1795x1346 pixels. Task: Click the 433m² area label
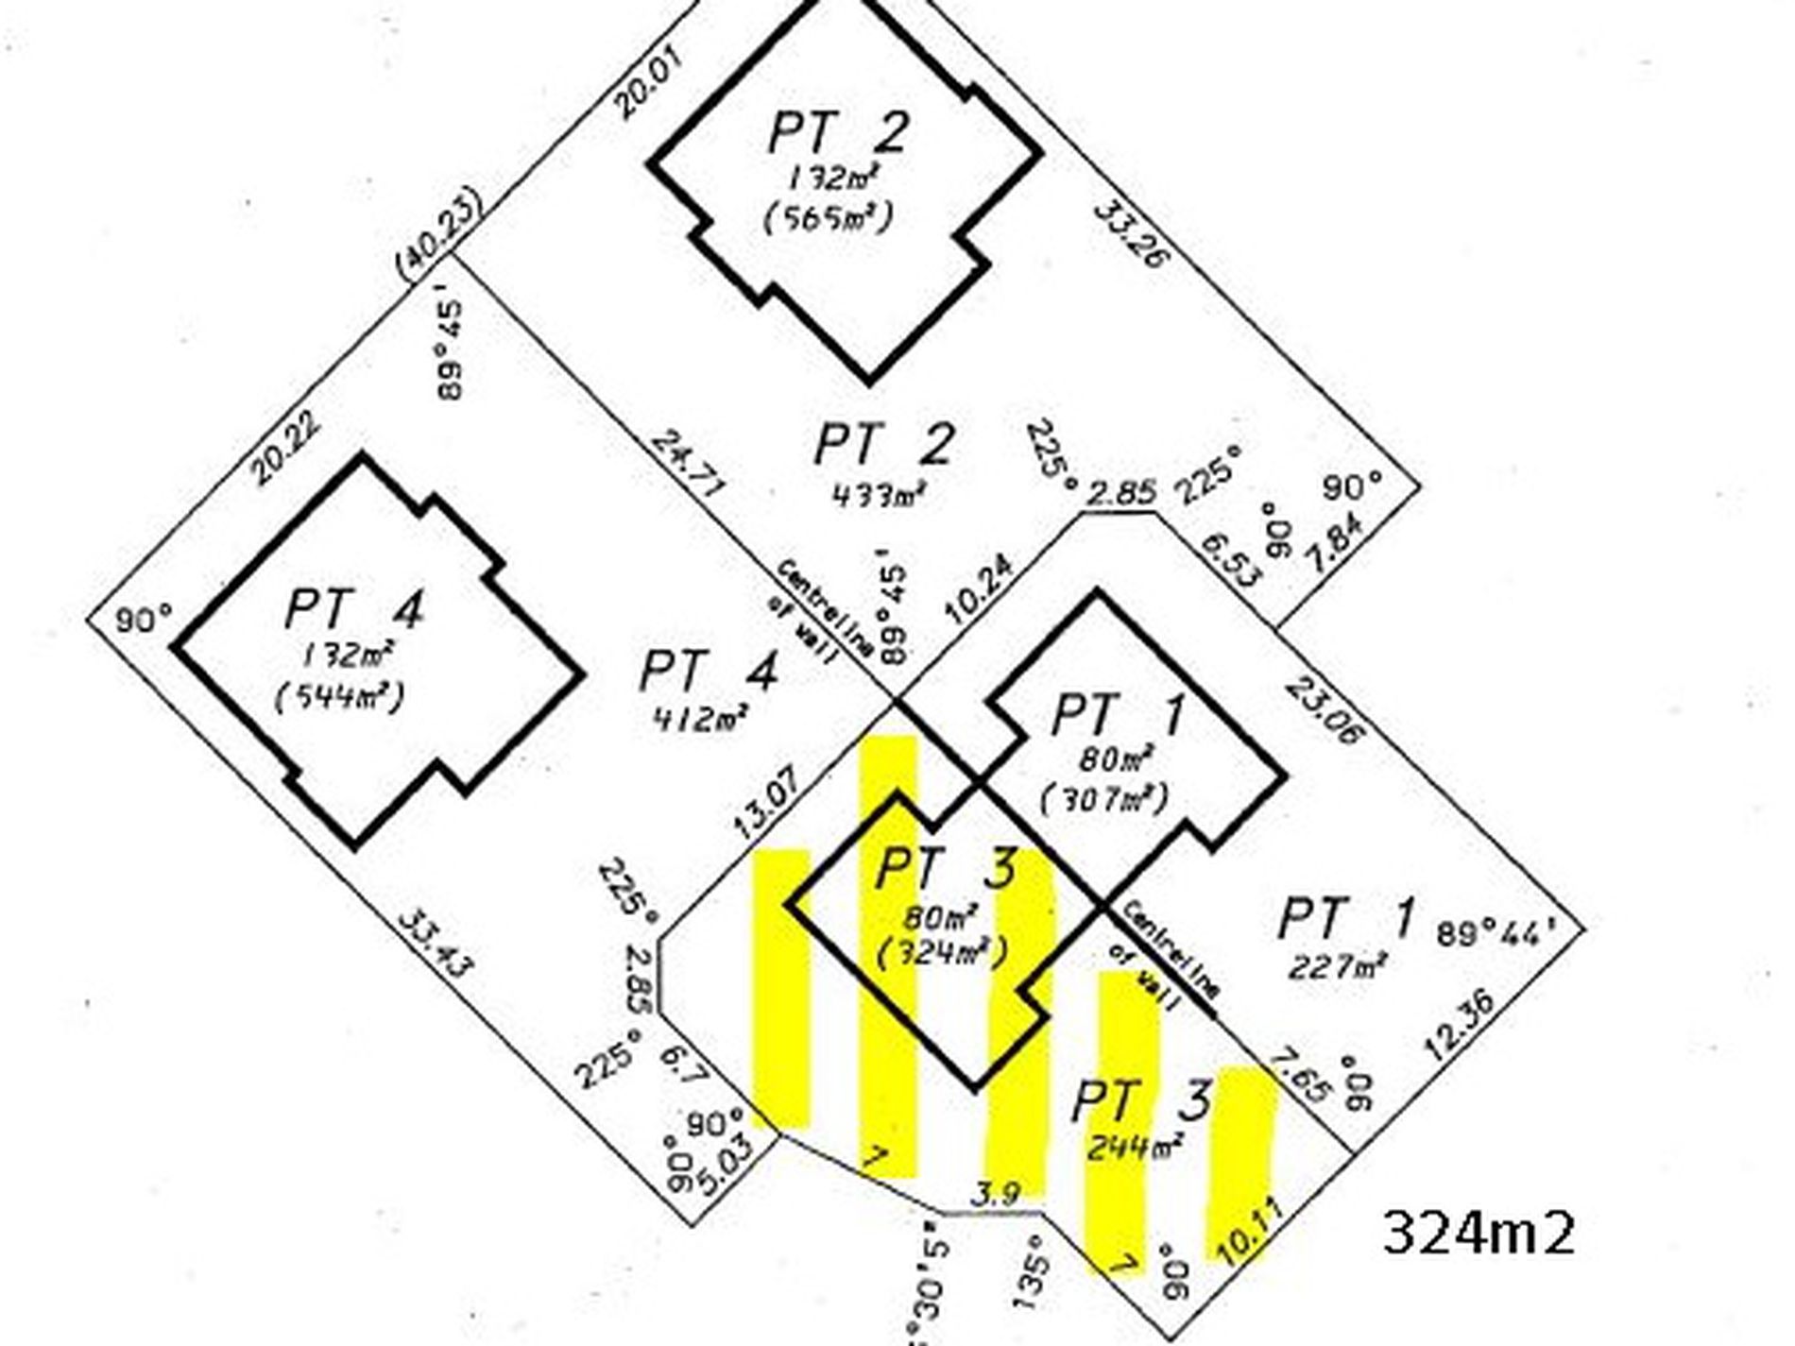[x=879, y=493]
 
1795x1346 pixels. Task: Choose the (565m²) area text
[x=829, y=218]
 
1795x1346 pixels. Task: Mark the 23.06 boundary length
[x=1325, y=708]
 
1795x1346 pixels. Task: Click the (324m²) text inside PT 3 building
[x=941, y=953]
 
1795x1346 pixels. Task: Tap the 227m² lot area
[x=1338, y=966]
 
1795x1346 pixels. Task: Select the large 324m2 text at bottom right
[x=1479, y=1234]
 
